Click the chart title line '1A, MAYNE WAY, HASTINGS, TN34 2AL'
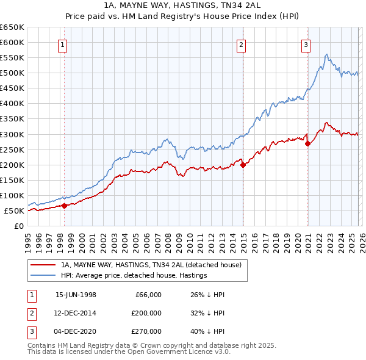click(x=183, y=5)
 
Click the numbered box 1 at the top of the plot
click(x=63, y=44)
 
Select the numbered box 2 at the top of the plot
click(x=242, y=44)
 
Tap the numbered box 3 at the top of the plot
click(x=306, y=44)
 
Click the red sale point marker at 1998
click(x=64, y=206)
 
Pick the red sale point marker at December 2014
click(x=243, y=164)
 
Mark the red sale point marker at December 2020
click(x=307, y=143)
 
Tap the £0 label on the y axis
click(x=19, y=226)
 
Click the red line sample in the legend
click(x=43, y=265)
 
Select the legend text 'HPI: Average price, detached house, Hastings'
click(x=134, y=275)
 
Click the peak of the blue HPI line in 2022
click(x=327, y=55)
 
